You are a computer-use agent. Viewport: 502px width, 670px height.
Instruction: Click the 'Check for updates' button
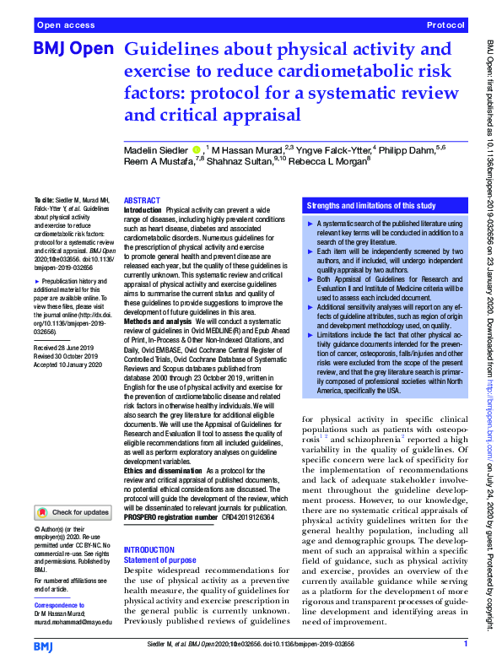[74, 512]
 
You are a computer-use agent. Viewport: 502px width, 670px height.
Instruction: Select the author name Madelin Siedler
[158, 149]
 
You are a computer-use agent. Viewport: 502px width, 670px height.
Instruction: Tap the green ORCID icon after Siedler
[197, 149]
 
